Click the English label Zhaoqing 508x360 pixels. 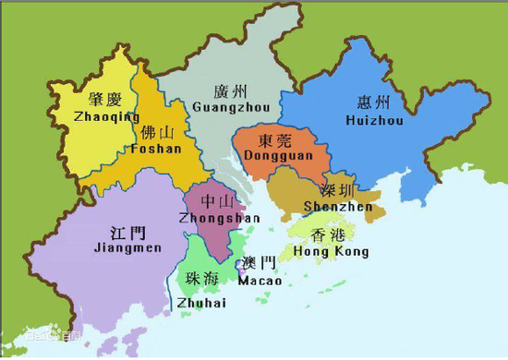pyautogui.click(x=106, y=117)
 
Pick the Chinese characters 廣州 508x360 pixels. pyautogui.click(x=231, y=90)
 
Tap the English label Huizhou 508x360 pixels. pyautogui.click(x=374, y=120)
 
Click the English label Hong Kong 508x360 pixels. pyautogui.click(x=331, y=251)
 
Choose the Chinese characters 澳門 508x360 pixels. pyautogui.click(x=256, y=263)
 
